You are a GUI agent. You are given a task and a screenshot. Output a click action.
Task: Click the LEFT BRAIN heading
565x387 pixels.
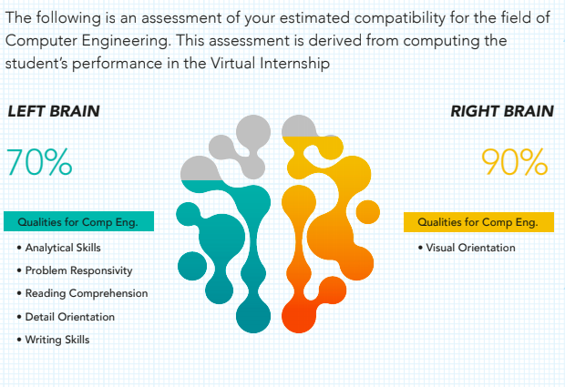[x=54, y=111]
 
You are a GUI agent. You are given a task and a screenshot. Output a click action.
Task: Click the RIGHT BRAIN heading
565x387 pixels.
[x=502, y=111]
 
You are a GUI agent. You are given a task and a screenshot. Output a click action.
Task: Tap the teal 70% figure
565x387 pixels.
[x=39, y=162]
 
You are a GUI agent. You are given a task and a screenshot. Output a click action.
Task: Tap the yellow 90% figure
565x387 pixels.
[x=515, y=162]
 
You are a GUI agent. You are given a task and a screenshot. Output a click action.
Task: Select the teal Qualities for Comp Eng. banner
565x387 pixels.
[x=78, y=221]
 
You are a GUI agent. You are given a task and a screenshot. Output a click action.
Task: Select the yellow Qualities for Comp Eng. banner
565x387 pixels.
[x=478, y=222]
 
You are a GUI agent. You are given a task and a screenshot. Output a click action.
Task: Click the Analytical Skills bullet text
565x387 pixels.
[x=63, y=248]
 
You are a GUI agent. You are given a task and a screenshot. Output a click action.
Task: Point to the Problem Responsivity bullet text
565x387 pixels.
[x=78, y=270]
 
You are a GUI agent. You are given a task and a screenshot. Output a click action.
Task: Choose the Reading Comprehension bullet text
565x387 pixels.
[x=87, y=293]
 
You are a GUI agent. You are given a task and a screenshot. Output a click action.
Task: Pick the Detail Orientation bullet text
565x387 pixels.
[x=70, y=317]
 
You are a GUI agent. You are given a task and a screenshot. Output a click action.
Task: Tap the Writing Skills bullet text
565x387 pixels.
[x=57, y=340]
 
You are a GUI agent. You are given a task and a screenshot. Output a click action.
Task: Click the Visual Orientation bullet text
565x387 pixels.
[x=470, y=248]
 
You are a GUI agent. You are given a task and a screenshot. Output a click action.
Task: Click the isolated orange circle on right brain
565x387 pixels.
[x=368, y=212]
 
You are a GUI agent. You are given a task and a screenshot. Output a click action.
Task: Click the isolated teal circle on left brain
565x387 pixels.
[x=192, y=266]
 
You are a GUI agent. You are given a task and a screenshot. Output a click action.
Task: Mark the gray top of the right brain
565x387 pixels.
[x=298, y=127]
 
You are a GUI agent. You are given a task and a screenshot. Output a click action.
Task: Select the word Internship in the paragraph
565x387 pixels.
[x=294, y=64]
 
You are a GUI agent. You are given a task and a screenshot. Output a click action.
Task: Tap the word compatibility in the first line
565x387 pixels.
[x=400, y=18]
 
